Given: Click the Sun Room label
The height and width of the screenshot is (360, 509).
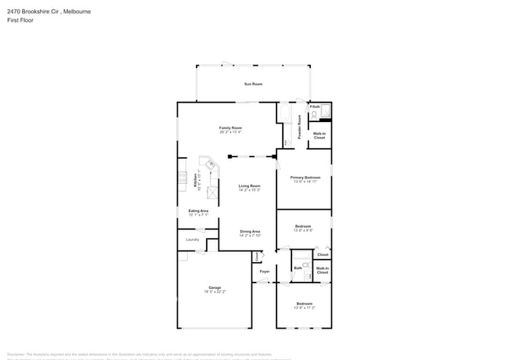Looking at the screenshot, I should tap(252, 83).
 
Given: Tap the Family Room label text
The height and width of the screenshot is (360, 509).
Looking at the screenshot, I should tap(230, 128).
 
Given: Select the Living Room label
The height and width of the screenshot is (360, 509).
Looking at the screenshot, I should tap(249, 185).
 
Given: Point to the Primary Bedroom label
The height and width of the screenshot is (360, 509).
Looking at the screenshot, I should tap(305, 178).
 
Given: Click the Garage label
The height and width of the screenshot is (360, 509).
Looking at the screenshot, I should tap(215, 287).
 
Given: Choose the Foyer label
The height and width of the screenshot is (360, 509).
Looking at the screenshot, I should tap(264, 272).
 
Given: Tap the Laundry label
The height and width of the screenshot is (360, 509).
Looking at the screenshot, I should tap(192, 239).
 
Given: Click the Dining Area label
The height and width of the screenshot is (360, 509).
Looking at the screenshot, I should tap(250, 231).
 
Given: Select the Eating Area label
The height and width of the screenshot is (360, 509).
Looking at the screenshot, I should tap(198, 211).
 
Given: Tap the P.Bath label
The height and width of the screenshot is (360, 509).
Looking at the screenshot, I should tap(315, 106).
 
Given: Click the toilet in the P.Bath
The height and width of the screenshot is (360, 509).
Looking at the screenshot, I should tap(314, 115).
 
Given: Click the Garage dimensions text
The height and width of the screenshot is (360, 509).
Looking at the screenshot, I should tap(215, 291).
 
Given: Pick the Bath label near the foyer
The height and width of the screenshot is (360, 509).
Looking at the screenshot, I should tap(298, 268).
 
